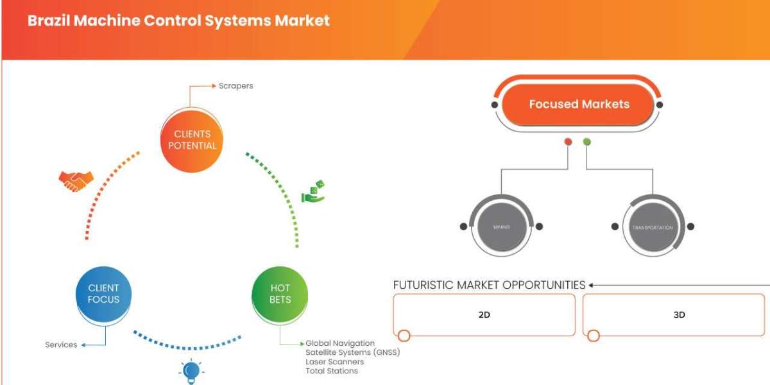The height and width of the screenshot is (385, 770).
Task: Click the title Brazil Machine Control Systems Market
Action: pyautogui.click(x=178, y=21)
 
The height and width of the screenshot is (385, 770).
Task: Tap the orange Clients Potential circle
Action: pyautogui.click(x=191, y=140)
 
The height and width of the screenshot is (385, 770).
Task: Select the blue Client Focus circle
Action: pyautogui.click(x=103, y=294)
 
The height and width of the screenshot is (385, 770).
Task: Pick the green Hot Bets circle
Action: pyautogui.click(x=280, y=294)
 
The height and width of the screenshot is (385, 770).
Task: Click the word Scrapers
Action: pyautogui.click(x=235, y=85)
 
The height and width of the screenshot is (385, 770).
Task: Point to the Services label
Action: pyautogui.click(x=61, y=345)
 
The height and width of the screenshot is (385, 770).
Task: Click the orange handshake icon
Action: pyautogui.click(x=76, y=181)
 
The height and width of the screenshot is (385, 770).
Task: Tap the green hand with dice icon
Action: pyautogui.click(x=313, y=192)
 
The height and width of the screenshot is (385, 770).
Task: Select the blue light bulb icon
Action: pyautogui.click(x=191, y=372)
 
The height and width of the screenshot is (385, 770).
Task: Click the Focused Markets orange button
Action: pyautogui.click(x=579, y=104)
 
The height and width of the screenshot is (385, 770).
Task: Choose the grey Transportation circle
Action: pyautogui.click(x=652, y=227)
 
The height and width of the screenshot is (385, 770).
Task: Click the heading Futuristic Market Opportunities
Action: pyautogui.click(x=489, y=285)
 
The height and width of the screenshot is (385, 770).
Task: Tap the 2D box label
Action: pyautogui.click(x=484, y=315)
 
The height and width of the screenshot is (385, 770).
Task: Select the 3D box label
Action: pyautogui.click(x=679, y=315)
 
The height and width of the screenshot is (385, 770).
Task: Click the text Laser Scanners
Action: pyautogui.click(x=334, y=362)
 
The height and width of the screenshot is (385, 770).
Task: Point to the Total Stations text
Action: pyautogui.click(x=332, y=371)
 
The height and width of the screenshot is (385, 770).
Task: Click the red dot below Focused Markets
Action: pyautogui.click(x=568, y=142)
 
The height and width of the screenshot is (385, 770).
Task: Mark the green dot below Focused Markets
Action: pyautogui.click(x=586, y=142)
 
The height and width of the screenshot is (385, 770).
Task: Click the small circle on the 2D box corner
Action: pyautogui.click(x=404, y=336)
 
